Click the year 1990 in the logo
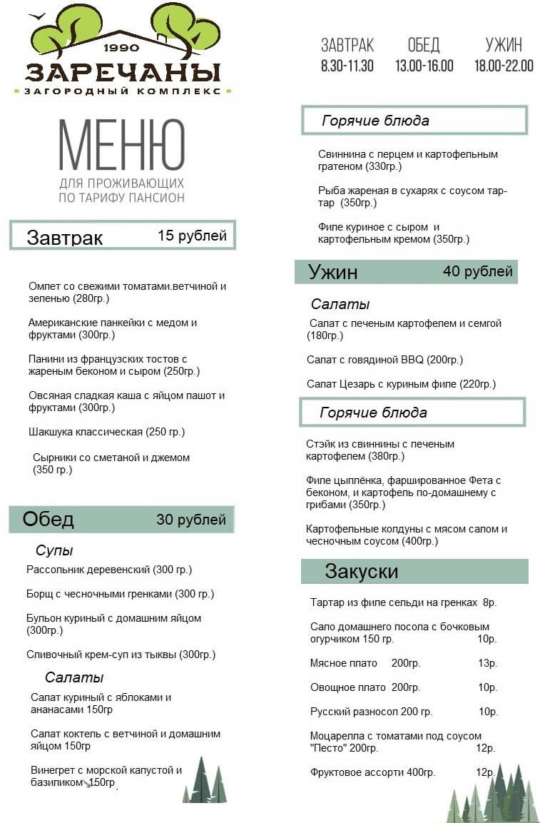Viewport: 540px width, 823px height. [121, 49]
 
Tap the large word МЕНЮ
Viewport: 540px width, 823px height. [121, 146]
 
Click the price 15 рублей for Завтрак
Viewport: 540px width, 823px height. [192, 236]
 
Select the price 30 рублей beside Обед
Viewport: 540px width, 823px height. [191, 520]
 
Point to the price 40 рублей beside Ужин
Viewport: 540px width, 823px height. [477, 272]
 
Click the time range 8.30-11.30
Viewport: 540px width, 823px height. [347, 66]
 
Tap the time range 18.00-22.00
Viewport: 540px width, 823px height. [504, 66]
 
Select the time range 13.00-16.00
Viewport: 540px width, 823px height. [424, 66]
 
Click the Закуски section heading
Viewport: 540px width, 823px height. [362, 572]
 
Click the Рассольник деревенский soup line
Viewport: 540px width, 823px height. [109, 570]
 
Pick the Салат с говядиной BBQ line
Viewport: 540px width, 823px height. [384, 360]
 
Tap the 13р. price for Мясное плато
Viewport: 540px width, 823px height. [488, 663]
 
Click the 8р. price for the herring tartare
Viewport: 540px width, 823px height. [489, 602]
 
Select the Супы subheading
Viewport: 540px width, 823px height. [54, 551]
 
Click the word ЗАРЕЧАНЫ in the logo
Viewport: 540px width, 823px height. [122, 72]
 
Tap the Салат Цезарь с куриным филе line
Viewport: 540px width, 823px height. [401, 384]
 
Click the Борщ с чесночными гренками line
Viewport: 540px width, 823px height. [120, 594]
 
